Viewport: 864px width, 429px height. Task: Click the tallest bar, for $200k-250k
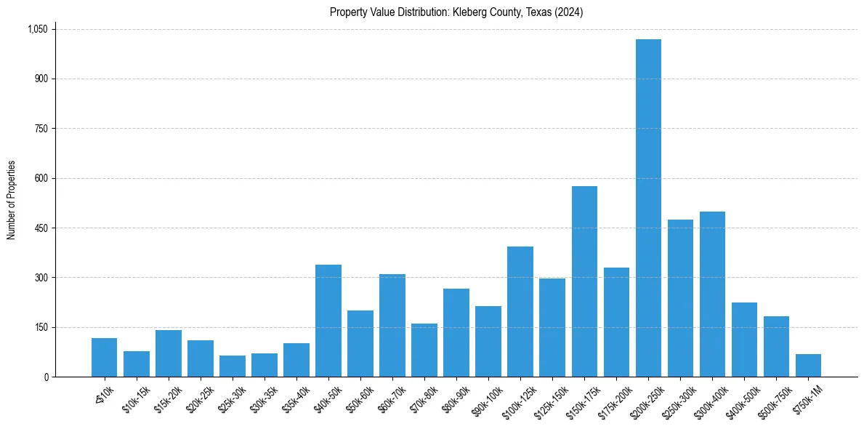coord(648,208)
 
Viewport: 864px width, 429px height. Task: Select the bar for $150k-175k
coord(584,281)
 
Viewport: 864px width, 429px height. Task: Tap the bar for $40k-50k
coord(328,321)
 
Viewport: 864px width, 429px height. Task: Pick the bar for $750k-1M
coord(808,365)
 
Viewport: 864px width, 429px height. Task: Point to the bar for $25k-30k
coord(233,366)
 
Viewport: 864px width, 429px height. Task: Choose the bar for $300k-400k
coord(712,294)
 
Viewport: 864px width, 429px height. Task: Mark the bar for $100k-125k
coord(520,311)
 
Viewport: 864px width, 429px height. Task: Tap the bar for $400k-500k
coord(744,340)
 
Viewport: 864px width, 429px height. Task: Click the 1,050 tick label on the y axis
coord(38,29)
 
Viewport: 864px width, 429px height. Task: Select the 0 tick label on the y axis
coord(46,377)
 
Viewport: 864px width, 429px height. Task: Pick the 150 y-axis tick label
coord(41,327)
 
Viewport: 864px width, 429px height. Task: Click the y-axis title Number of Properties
coord(11,200)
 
